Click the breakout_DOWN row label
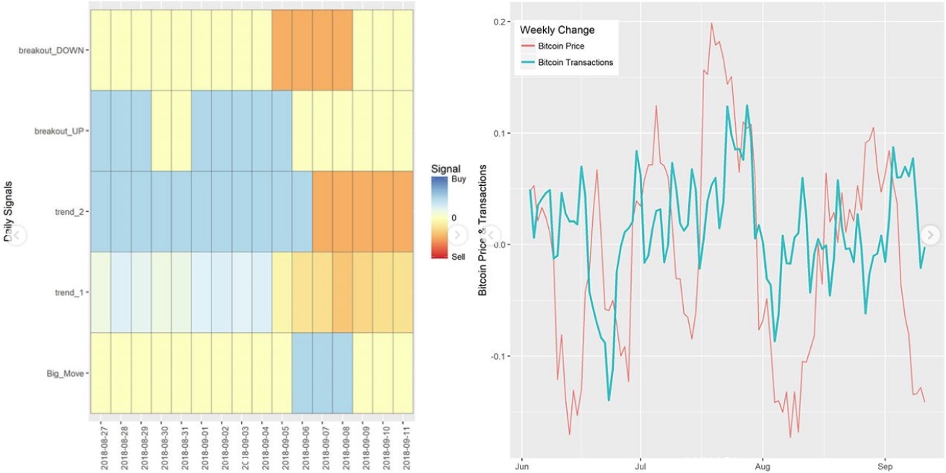tap(54, 51)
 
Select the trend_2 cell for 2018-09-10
tap(383, 212)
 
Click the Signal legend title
tap(446, 169)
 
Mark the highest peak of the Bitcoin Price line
tap(711, 23)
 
